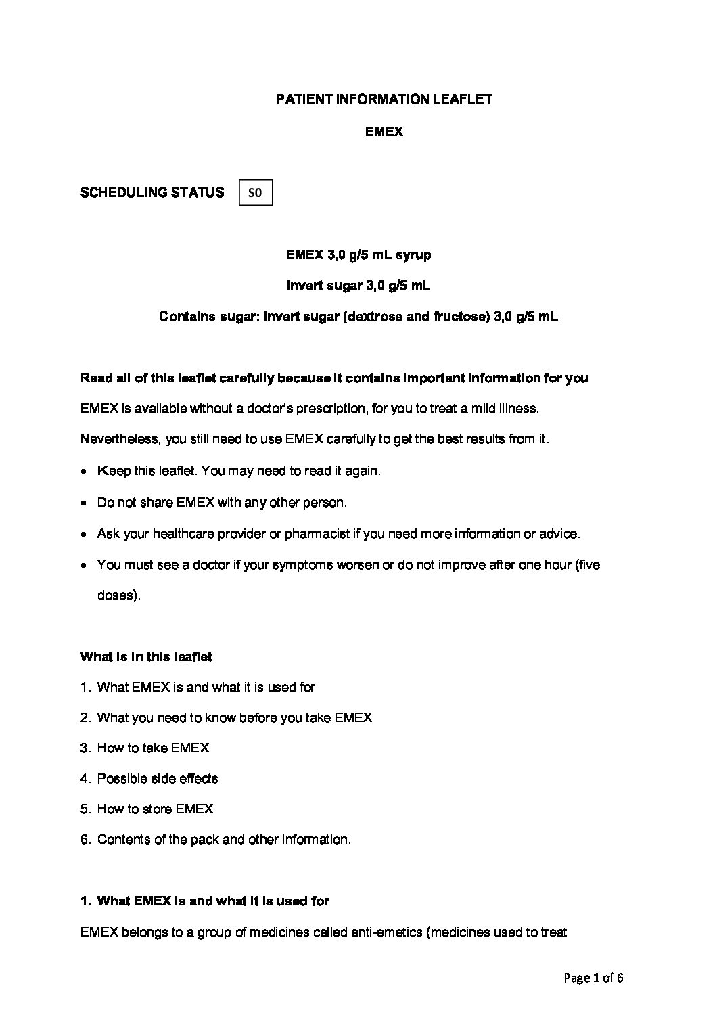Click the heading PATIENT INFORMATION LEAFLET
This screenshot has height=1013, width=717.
tap(384, 99)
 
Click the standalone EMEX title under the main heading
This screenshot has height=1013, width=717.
tap(384, 132)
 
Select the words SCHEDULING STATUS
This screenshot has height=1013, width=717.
tap(152, 193)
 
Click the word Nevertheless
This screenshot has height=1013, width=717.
tap(119, 439)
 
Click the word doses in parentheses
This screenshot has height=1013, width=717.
tap(116, 596)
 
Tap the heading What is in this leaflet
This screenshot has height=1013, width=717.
tap(146, 656)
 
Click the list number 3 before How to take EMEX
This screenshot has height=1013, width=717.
tap(85, 748)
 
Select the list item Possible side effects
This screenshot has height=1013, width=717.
tap(158, 779)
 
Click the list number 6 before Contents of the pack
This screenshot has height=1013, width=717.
tap(85, 840)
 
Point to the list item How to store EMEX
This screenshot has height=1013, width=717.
tap(155, 809)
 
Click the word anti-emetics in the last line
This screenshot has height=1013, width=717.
tap(386, 933)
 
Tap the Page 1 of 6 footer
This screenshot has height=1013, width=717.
tap(593, 978)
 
